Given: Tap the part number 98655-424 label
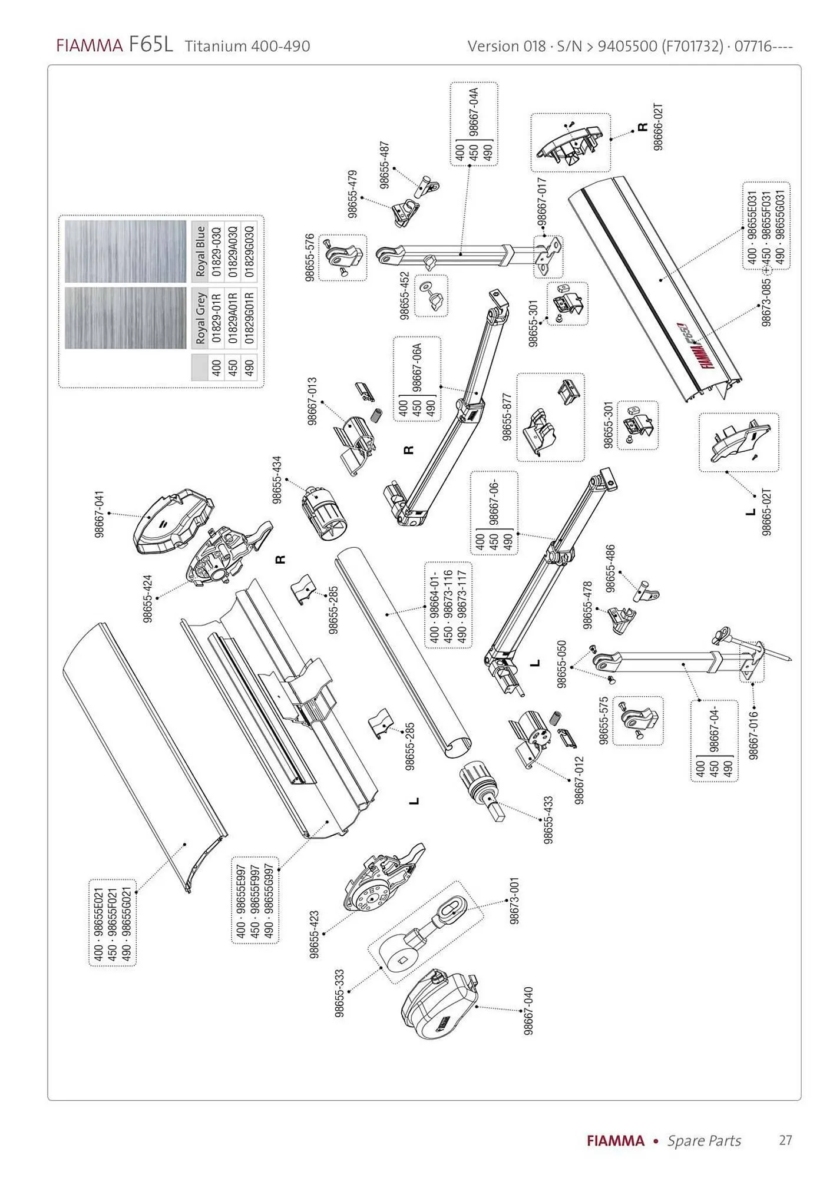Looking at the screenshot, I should [148, 598].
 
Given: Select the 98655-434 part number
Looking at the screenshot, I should [277, 479].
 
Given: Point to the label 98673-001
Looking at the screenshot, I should [514, 901].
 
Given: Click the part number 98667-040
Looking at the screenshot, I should [528, 1010].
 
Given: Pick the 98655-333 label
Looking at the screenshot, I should [339, 993].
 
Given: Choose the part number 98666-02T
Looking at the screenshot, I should [658, 127].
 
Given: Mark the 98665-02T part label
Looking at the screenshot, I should [766, 511].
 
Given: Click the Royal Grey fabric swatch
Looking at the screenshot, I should [125, 317].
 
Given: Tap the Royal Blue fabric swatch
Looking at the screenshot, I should [125, 251].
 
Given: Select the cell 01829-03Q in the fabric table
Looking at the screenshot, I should [216, 252].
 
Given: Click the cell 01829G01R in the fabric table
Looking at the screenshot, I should [249, 318].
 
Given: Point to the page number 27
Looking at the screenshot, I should [785, 1140].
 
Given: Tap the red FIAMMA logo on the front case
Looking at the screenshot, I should [709, 351].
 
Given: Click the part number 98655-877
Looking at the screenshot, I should [507, 417].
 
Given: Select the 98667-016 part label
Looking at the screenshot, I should [753, 735].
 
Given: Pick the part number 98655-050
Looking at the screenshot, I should [561, 664].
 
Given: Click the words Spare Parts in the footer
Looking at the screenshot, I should [704, 1141].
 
